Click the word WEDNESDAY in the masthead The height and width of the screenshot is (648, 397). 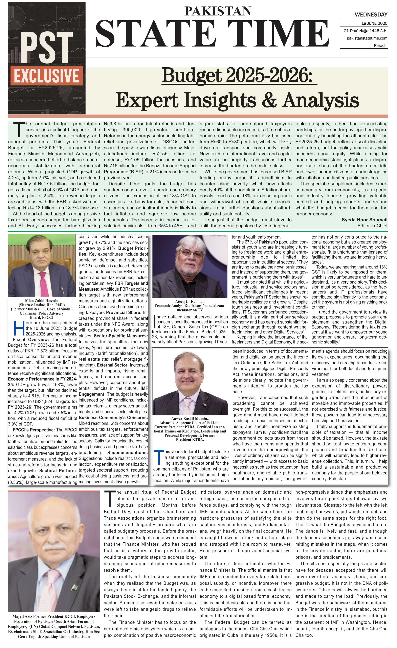(x=371, y=15)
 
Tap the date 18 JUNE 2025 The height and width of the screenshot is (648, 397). (x=374, y=23)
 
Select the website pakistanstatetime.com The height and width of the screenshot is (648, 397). (x=367, y=38)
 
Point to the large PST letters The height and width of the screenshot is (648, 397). (x=46, y=47)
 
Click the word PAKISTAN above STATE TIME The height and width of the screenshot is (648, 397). (x=218, y=11)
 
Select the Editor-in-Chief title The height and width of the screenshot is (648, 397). (x=372, y=226)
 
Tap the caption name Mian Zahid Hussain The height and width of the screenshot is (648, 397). (x=42, y=301)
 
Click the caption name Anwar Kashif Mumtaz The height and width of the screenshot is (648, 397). (x=190, y=418)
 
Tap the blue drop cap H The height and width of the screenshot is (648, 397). (x=19, y=329)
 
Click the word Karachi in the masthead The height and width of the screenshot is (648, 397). (x=380, y=46)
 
